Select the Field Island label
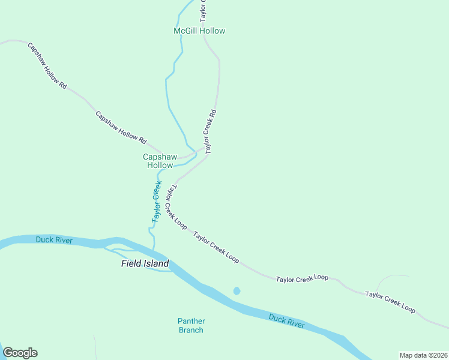click(145, 263)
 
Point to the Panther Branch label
click(191, 325)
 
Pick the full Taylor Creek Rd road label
click(210, 131)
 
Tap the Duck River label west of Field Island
click(54, 241)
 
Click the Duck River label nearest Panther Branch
click(286, 320)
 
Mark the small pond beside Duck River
click(237, 291)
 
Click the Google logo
click(20, 353)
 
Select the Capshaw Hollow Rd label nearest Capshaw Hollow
click(121, 127)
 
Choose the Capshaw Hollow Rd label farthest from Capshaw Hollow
click(46, 65)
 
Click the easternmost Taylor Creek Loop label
click(390, 302)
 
